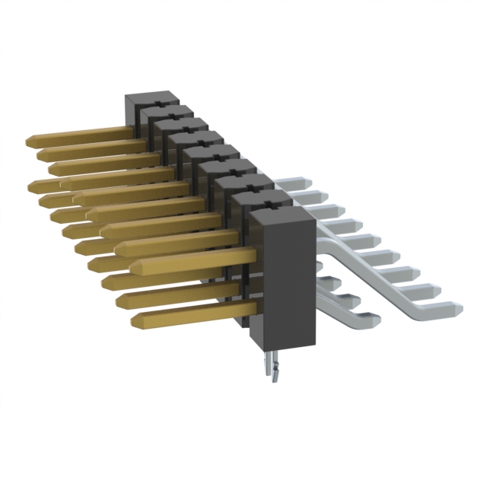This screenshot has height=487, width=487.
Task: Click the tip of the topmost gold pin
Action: click(29, 142)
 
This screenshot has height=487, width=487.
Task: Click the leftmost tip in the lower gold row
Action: click(32, 185)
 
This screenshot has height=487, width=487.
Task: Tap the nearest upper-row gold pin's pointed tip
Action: click(135, 267)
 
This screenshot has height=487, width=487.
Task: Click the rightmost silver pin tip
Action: click(457, 308)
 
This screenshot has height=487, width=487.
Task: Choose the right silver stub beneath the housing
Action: click(277, 371)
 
